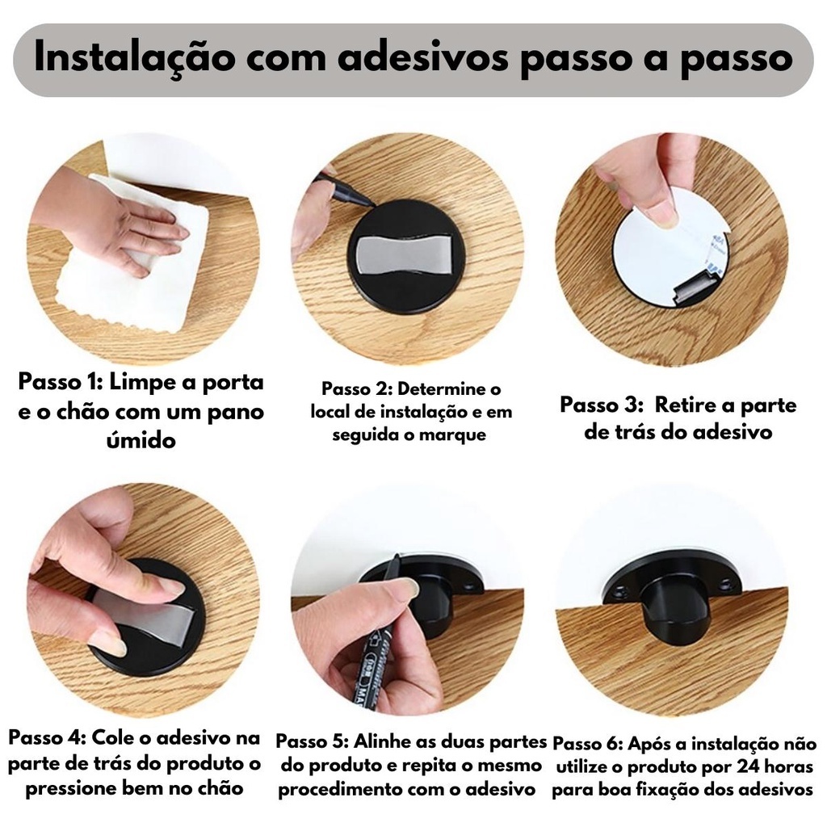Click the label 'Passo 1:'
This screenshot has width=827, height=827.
coord(60,381)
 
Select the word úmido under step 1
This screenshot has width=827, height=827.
coord(141,439)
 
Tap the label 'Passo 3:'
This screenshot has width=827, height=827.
coord(601,405)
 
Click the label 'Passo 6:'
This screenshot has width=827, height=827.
coord(588,744)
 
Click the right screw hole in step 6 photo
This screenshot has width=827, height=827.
coord(726,584)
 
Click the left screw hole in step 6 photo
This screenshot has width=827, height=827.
coord(619,589)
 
